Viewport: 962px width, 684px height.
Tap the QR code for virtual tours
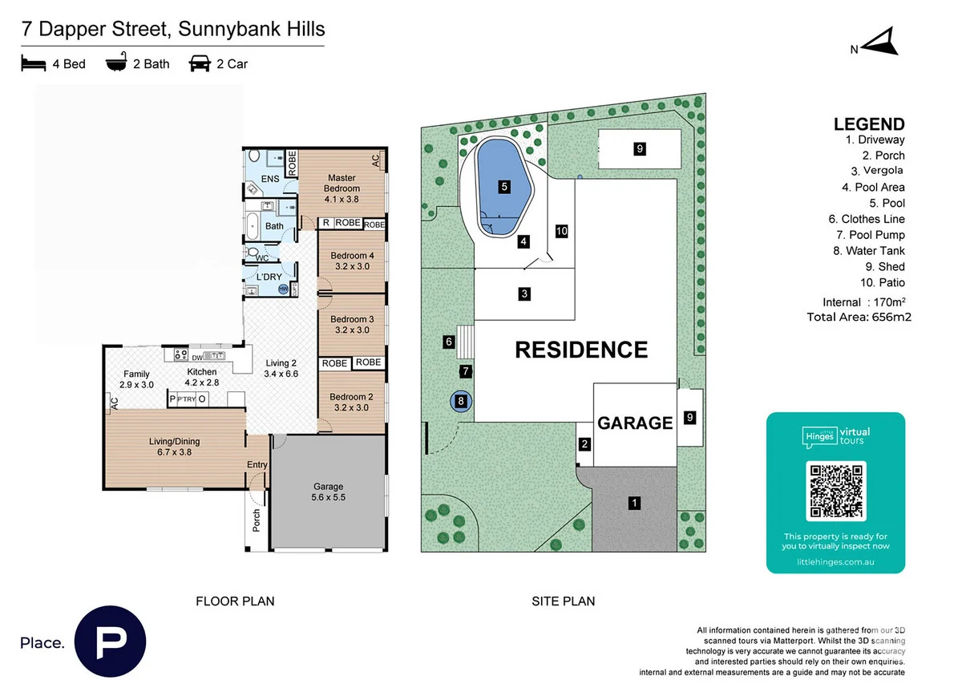click(x=835, y=490)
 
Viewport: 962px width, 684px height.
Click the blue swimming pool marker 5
click(x=504, y=187)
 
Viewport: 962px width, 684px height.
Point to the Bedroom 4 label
click(x=352, y=261)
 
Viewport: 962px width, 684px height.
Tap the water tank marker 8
click(x=461, y=401)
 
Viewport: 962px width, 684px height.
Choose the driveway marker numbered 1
click(x=634, y=504)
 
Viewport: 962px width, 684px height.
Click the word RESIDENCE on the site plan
click(x=580, y=350)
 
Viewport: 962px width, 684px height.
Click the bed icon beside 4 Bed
click(x=34, y=63)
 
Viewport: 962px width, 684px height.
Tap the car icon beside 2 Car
click(x=200, y=63)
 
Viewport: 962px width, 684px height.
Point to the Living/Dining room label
click(x=174, y=446)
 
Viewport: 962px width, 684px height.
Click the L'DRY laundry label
click(x=268, y=277)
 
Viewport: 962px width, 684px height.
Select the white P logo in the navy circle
click(x=110, y=642)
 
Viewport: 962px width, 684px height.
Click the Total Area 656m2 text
click(x=859, y=317)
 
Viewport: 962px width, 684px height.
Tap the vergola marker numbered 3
click(x=523, y=293)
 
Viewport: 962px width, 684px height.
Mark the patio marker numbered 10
click(x=561, y=231)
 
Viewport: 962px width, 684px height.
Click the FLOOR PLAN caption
click(x=235, y=601)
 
